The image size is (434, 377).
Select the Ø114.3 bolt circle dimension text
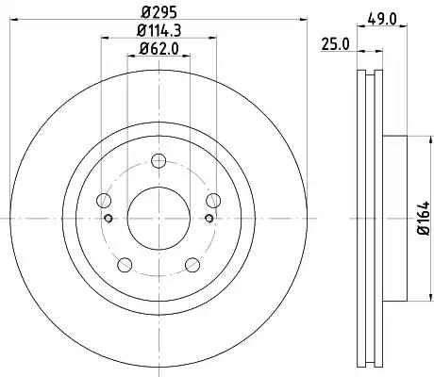pyautogui.click(x=159, y=34)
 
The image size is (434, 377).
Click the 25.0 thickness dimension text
pyautogui.click(x=332, y=42)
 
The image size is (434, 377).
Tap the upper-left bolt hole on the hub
pyautogui.click(x=104, y=199)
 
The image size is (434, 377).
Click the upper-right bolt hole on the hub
pyautogui.click(x=213, y=199)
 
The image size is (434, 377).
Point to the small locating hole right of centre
pyautogui.click(x=208, y=220)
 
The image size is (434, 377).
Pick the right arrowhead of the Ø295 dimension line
pyautogui.click(x=296, y=23)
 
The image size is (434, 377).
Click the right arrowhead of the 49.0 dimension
pyautogui.click(x=405, y=23)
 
